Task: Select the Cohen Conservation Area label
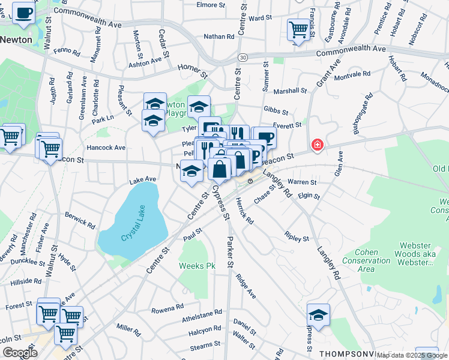click(x=364, y=256)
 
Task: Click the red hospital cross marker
click(x=317, y=145)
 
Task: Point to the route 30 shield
click(x=242, y=57)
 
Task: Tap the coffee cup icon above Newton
click(x=23, y=13)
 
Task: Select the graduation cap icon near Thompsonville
click(x=318, y=314)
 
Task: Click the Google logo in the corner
click(x=19, y=353)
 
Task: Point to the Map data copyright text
click(x=412, y=355)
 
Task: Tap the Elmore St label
click(x=210, y=5)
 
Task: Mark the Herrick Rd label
click(x=244, y=211)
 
